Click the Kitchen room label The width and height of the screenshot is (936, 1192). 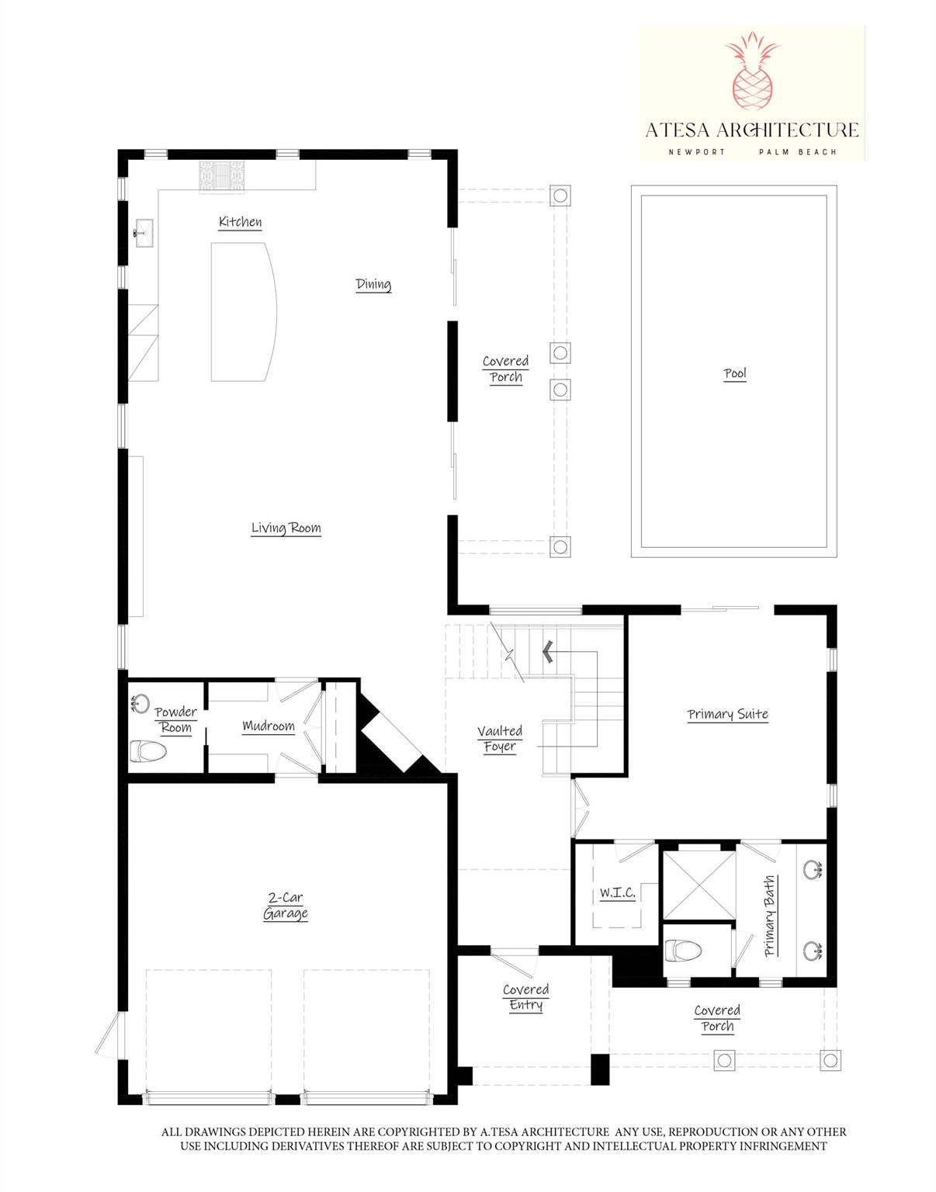coord(240,222)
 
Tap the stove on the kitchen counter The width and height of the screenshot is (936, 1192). coord(222,175)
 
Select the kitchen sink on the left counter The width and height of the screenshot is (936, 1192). coord(143,232)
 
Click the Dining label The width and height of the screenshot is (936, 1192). coord(373,284)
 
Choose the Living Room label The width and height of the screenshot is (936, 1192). coord(286,528)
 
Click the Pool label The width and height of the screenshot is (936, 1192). coord(734,373)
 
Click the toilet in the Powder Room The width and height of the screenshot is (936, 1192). coord(147,751)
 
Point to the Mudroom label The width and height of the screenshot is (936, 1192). coord(269,726)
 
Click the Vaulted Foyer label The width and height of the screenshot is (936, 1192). coord(499,738)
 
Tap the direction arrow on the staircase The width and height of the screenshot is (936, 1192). coord(548,651)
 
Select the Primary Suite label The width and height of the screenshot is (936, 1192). coord(727,714)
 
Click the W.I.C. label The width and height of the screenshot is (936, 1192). coord(617,893)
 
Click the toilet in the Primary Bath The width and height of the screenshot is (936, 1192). coord(683,951)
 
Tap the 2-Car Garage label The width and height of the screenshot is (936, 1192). coord(286,906)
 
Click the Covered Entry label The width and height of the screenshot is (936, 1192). coord(525,997)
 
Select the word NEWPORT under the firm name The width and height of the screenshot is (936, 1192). coord(696,152)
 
